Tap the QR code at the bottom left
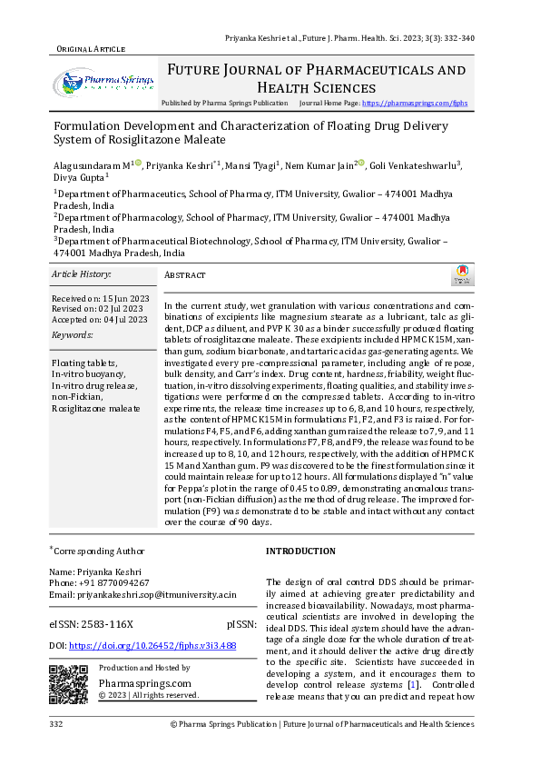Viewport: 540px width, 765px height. tap(68, 683)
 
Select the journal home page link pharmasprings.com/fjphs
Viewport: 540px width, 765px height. tap(415, 104)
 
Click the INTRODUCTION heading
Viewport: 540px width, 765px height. tap(300, 551)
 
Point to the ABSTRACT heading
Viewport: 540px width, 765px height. tap(185, 275)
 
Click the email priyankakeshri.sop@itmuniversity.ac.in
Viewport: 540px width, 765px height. tap(142, 594)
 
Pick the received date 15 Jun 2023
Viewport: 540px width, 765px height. tap(114, 298)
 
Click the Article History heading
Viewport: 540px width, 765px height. tap(81, 273)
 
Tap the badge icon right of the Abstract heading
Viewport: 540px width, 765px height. tap(462, 275)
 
